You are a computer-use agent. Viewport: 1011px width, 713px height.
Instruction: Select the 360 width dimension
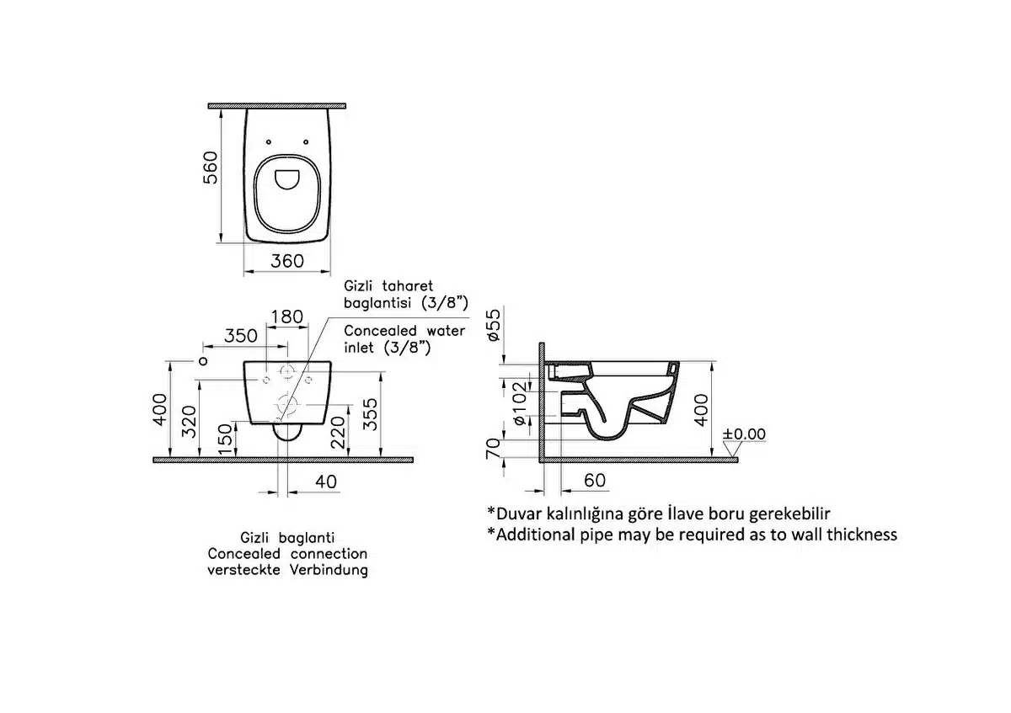coord(286,261)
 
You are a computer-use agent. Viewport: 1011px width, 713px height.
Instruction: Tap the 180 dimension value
coord(286,317)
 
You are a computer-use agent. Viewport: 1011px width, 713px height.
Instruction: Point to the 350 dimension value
coord(240,335)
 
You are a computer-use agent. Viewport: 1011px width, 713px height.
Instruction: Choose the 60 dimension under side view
coord(594,481)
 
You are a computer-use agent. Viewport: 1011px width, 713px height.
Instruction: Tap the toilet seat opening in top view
coord(286,179)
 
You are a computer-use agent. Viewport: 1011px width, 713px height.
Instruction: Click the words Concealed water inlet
coord(404,331)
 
